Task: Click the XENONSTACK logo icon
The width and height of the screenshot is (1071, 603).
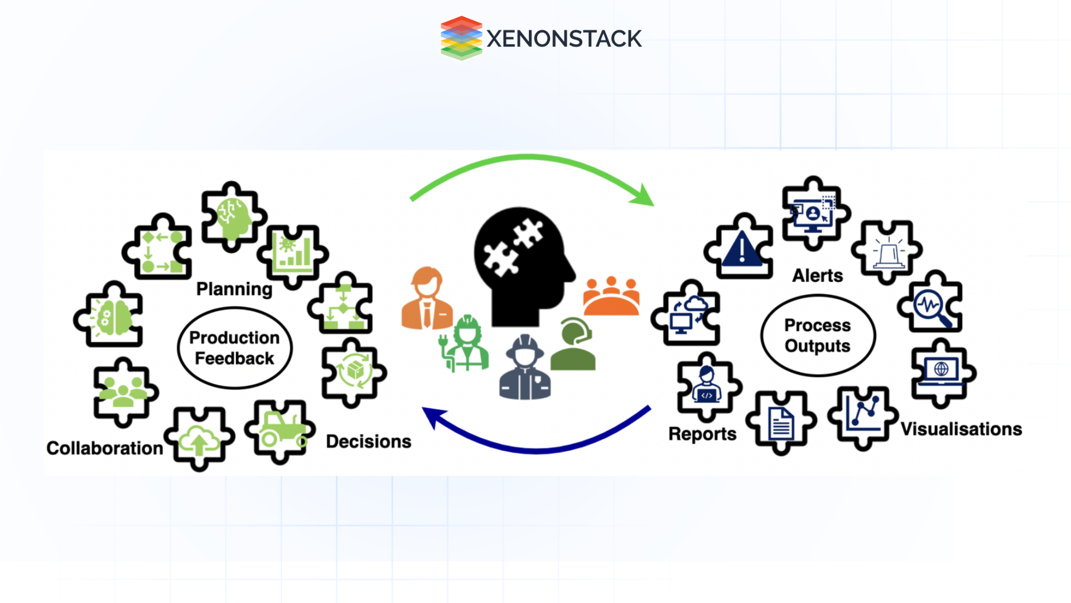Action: click(x=461, y=38)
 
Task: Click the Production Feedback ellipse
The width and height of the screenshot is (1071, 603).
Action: click(x=234, y=348)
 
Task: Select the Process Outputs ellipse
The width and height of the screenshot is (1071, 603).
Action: click(x=817, y=336)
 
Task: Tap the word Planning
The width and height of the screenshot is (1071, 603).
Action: click(x=234, y=289)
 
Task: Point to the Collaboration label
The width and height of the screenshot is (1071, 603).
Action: click(x=104, y=448)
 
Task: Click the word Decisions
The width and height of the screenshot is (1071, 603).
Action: click(x=368, y=441)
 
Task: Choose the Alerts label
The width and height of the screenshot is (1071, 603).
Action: click(x=817, y=275)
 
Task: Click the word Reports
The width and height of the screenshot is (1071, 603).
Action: click(x=702, y=434)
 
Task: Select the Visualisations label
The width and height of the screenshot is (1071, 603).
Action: click(x=961, y=429)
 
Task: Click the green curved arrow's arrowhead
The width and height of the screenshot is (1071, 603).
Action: click(x=644, y=196)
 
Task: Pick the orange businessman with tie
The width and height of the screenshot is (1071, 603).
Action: click(x=427, y=299)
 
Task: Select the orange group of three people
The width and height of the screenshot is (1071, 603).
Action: click(x=611, y=297)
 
